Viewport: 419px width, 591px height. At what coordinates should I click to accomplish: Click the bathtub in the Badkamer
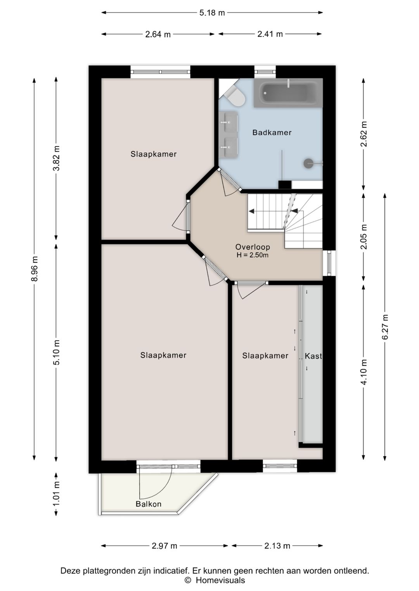(288, 93)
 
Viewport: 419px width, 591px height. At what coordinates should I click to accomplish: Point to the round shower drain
(308, 163)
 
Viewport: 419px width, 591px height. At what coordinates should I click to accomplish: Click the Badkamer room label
(272, 132)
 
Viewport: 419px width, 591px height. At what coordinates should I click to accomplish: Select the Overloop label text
(253, 247)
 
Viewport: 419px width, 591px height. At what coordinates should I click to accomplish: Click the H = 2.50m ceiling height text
(253, 255)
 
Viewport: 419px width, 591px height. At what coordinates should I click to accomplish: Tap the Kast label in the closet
(313, 356)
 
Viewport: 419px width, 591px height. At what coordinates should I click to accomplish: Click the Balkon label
(148, 504)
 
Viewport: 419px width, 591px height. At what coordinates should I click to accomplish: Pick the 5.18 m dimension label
(212, 13)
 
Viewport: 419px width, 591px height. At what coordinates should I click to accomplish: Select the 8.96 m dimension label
(35, 268)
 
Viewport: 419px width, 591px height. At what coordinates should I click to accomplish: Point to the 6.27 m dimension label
(385, 327)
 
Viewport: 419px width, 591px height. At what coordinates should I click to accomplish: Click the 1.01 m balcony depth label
(56, 494)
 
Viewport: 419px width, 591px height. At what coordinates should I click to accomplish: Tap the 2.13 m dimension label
(277, 546)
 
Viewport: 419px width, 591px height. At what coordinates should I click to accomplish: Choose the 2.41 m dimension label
(270, 34)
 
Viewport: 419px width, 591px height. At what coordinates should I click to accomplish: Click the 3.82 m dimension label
(56, 158)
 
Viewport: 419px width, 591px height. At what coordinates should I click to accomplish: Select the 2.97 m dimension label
(164, 546)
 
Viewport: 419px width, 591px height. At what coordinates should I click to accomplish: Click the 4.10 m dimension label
(364, 372)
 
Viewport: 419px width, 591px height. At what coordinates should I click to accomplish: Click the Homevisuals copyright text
(215, 580)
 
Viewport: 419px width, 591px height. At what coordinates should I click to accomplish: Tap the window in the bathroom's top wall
(265, 72)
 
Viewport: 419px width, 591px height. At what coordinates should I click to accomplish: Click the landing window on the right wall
(329, 263)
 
